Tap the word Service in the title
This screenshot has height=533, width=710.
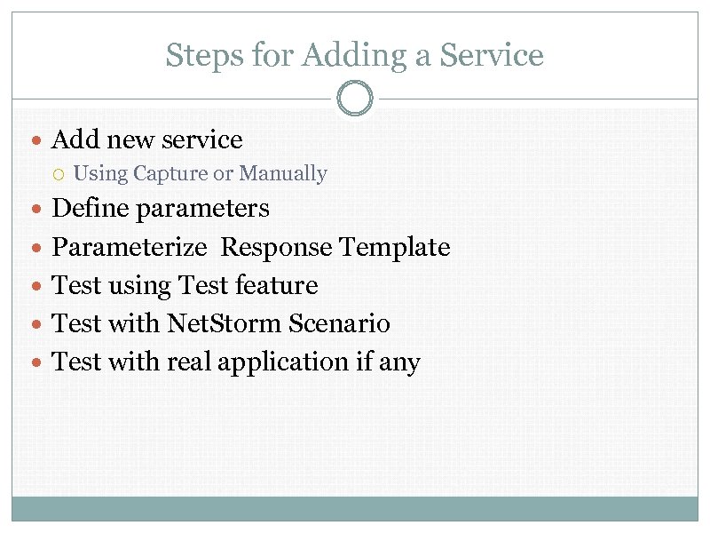pyautogui.click(x=492, y=56)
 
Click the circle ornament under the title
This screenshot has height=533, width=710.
pyautogui.click(x=355, y=98)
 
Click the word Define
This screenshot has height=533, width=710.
pyautogui.click(x=85, y=209)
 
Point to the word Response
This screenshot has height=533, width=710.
pyautogui.click(x=277, y=248)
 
